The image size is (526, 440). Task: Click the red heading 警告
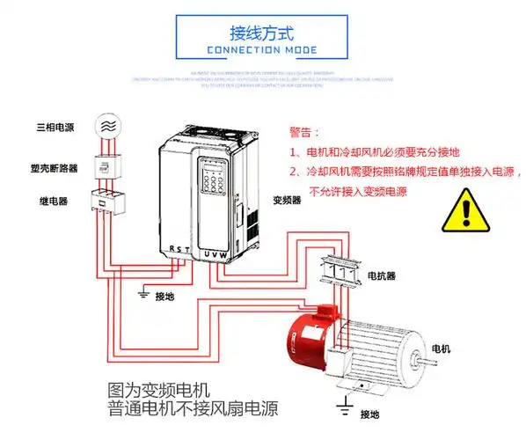(x=301, y=134)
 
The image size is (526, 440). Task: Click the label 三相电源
(x=55, y=128)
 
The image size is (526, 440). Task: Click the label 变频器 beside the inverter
(x=287, y=201)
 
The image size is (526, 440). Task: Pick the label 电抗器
(x=381, y=275)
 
